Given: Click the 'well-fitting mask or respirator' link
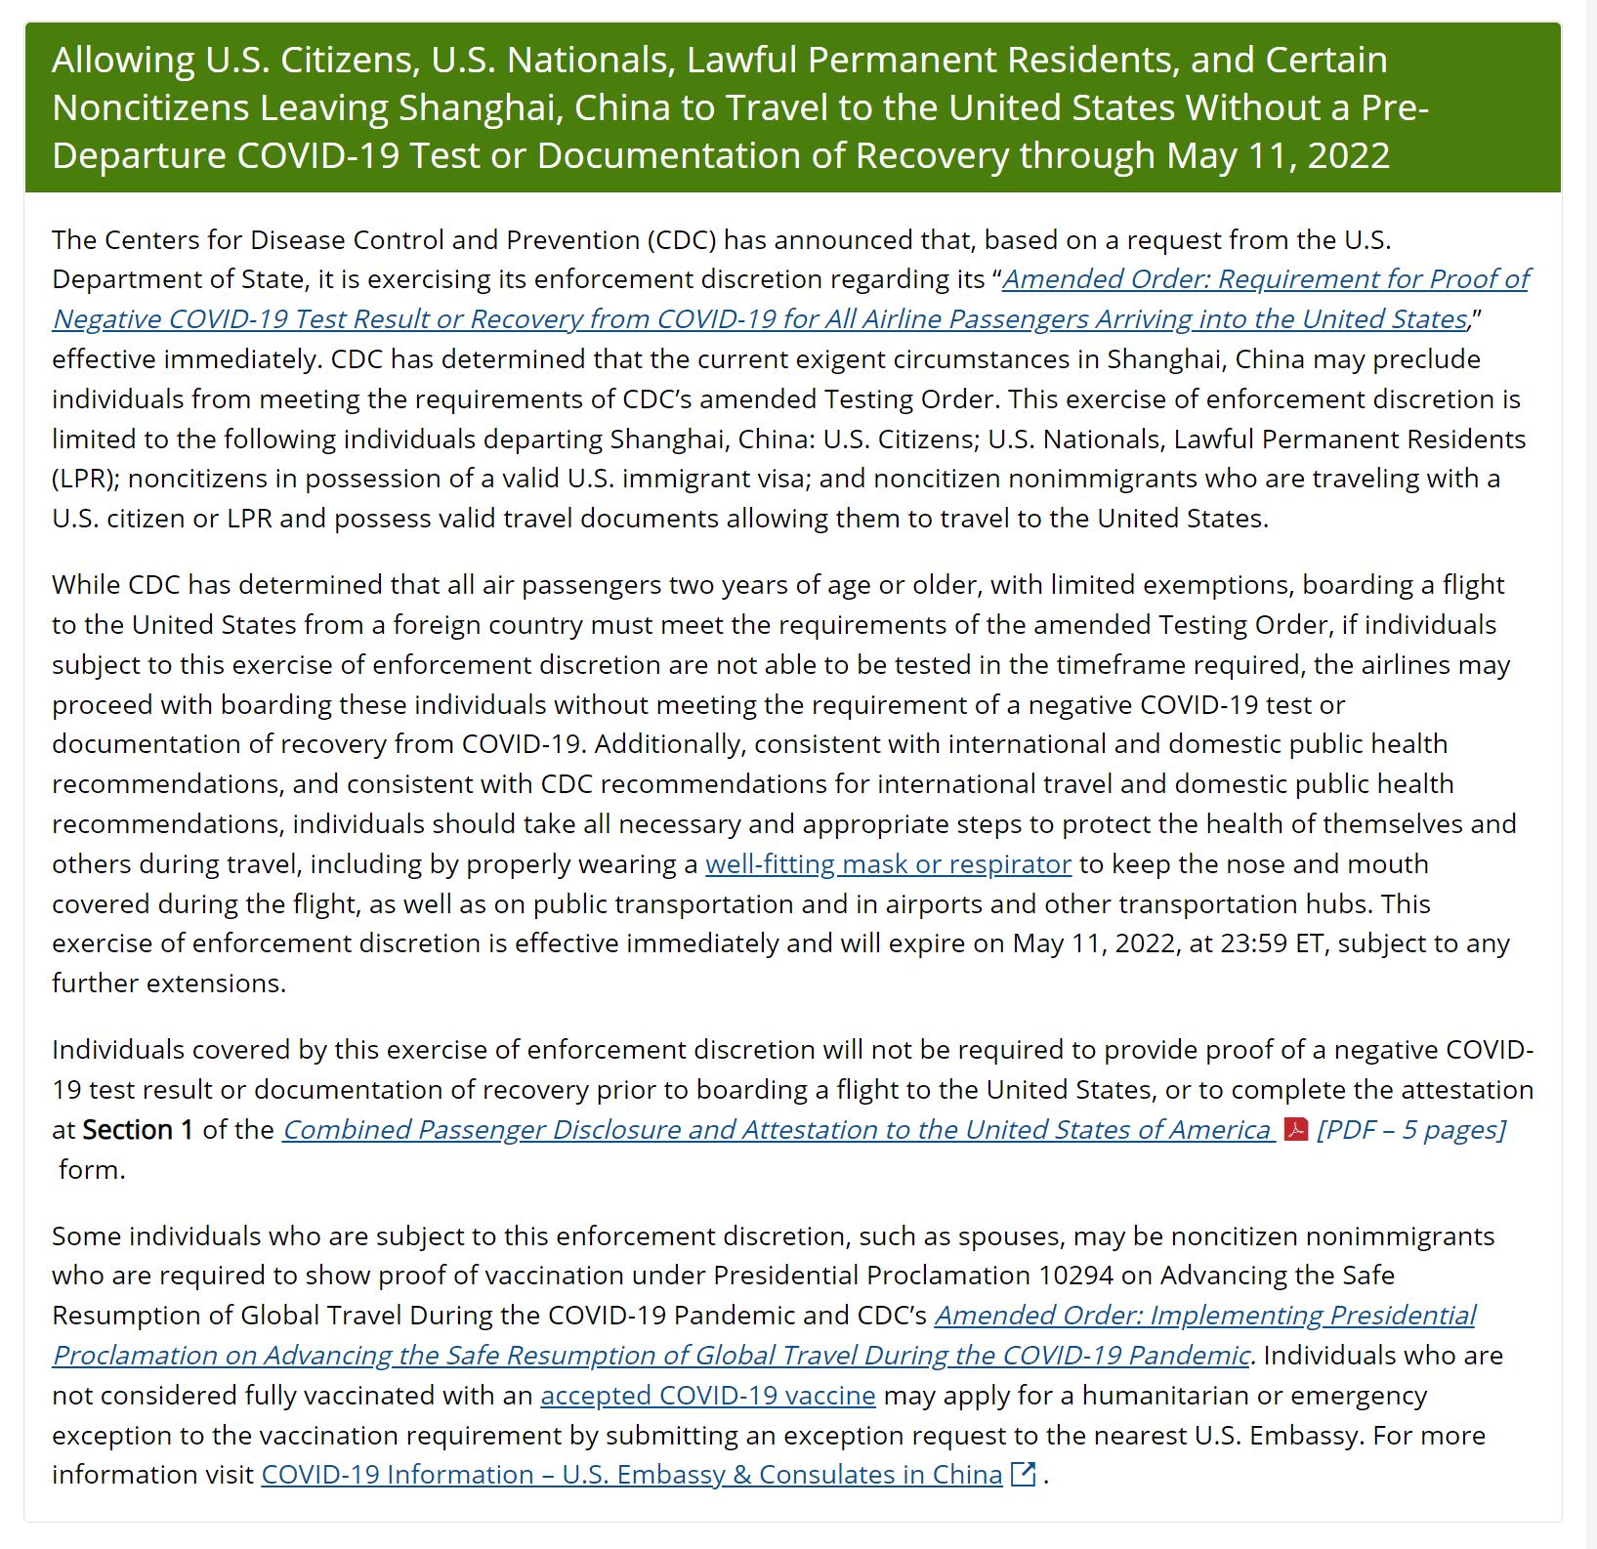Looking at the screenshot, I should click(888, 864).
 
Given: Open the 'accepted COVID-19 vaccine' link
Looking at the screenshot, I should click(708, 1396).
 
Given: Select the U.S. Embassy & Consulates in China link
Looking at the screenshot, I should click(631, 1475).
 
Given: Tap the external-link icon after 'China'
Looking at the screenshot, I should click(1023, 1475).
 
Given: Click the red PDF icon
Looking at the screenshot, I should click(1296, 1130).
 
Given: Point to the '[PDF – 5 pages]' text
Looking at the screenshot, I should click(1410, 1130).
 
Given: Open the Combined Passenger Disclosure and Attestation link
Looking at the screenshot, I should click(777, 1130).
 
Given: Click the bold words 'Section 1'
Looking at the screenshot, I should click(138, 1130).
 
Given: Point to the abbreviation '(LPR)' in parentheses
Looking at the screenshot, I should click(86, 479).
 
